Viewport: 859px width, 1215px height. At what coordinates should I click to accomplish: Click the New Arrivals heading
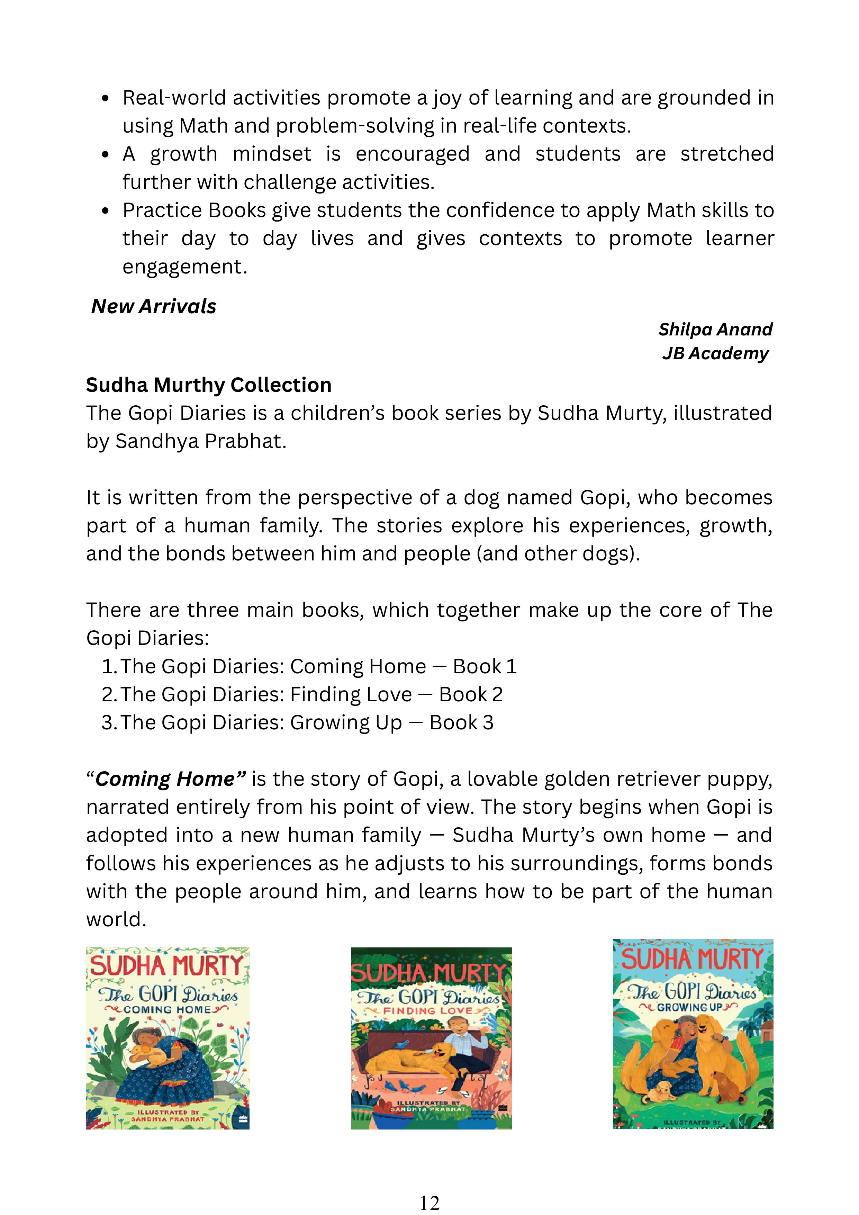(153, 306)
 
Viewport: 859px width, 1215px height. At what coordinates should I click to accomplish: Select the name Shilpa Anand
(715, 329)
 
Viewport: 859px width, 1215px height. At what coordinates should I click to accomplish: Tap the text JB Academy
(715, 353)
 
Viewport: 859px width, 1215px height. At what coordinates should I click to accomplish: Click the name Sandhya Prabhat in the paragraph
(200, 441)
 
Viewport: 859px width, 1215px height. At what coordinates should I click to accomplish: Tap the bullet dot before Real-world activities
(106, 98)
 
